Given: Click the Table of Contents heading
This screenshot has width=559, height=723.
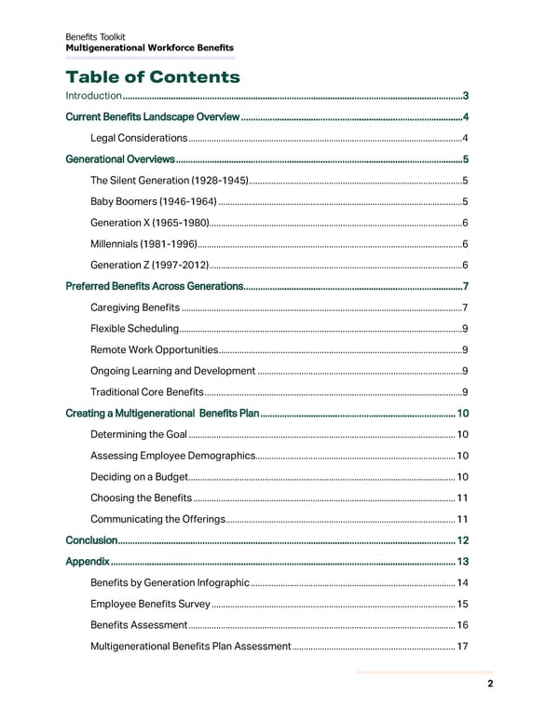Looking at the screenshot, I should click(x=153, y=76).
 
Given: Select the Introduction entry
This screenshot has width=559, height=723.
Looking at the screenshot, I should click(x=94, y=96).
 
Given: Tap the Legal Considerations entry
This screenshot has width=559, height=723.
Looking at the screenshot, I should click(x=139, y=138).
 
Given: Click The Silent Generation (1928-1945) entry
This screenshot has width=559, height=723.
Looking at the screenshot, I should click(x=170, y=180).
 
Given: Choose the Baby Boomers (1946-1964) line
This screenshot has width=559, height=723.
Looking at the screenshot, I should click(x=154, y=201).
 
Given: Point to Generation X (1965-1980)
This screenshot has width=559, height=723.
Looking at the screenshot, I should click(x=149, y=223).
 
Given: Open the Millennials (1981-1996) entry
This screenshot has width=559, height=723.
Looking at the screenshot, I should click(x=143, y=243).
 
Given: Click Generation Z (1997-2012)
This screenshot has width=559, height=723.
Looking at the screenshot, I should click(x=149, y=265).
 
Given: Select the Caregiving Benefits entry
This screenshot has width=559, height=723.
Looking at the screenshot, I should click(x=135, y=307).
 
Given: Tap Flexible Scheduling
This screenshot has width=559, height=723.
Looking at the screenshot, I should click(x=135, y=329).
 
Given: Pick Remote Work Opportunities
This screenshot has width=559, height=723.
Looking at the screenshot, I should click(x=154, y=349).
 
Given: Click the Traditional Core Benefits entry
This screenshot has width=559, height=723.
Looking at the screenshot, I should click(x=146, y=391).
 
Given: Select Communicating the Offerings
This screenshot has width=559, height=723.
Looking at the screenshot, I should click(x=157, y=519).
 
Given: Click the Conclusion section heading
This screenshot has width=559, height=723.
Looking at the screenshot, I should click(x=91, y=540).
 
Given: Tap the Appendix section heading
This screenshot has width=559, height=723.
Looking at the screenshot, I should click(x=88, y=562).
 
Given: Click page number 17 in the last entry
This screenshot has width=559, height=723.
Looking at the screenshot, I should click(x=462, y=646).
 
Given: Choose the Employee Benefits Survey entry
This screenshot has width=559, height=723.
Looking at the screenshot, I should click(x=150, y=604).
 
